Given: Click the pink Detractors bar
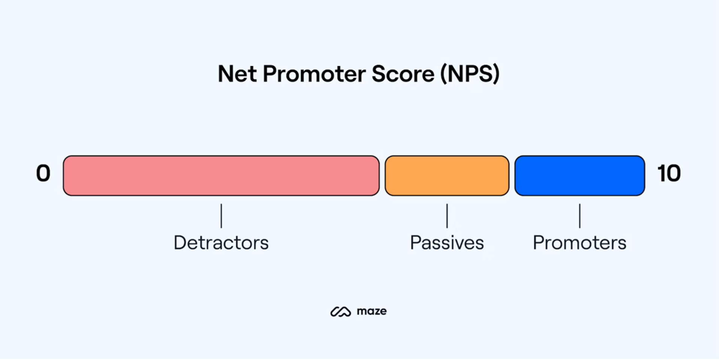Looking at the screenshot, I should pos(221,176).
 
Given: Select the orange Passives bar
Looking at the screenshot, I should pos(447,176).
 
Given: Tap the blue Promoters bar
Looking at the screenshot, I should pos(579,176).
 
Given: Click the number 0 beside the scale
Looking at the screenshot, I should pos(43,174).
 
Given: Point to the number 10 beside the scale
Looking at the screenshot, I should pos(669,174).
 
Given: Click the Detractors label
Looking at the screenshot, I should pos(221,243).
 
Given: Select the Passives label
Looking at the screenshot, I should pos(447,243).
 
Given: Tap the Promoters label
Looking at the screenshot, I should pos(579,243).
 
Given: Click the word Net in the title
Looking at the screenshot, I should pos(237,74).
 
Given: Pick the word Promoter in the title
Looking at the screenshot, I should pos(314,74).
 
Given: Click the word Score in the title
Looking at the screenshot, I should pos(403,74).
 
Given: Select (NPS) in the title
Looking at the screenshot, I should pos(470,74).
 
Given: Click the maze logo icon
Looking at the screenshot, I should pos(340,312).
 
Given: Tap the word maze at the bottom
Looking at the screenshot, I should pos(371,311).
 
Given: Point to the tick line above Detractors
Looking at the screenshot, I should pos(221,216).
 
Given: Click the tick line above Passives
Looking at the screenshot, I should pos(447,216).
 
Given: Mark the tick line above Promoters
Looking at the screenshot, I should pos(580,216).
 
